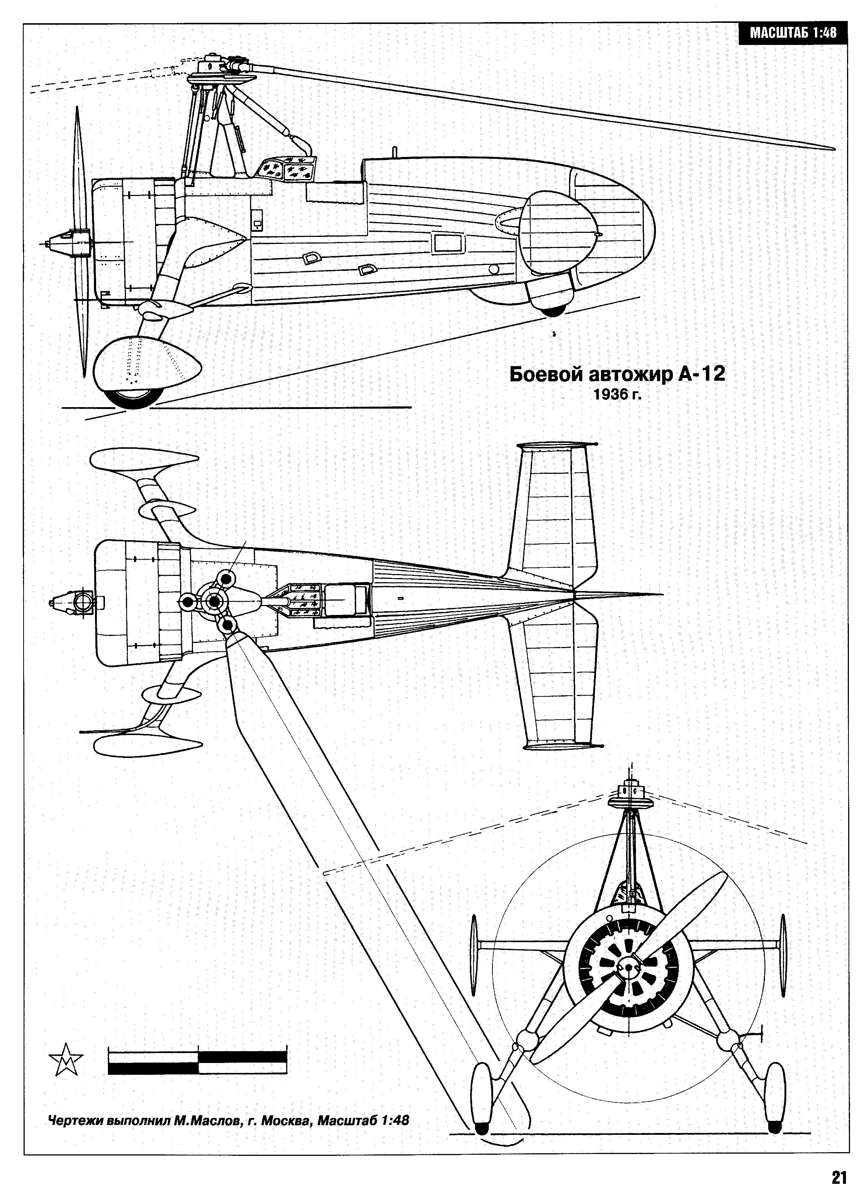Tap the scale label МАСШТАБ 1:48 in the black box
pos(793,33)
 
